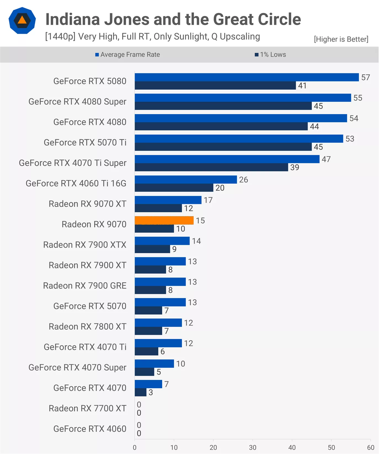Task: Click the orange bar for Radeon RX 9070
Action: pyautogui.click(x=164, y=220)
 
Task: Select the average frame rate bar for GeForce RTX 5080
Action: pyautogui.click(x=247, y=77)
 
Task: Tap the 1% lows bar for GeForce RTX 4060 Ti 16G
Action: pyautogui.click(x=174, y=188)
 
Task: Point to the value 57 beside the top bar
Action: pyautogui.click(x=365, y=77)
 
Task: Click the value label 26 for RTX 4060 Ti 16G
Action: pyautogui.click(x=243, y=180)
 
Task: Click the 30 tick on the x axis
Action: pyautogui.click(x=252, y=447)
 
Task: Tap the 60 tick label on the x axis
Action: pyautogui.click(x=370, y=447)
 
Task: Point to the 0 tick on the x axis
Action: pyautogui.click(x=135, y=447)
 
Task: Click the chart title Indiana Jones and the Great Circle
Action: pyautogui.click(x=173, y=19)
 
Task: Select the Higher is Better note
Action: pyautogui.click(x=341, y=39)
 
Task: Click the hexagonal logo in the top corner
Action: pyautogui.click(x=22, y=21)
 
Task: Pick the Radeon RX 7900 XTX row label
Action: pyautogui.click(x=85, y=245)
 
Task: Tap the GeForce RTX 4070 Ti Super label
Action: pyautogui.click(x=73, y=163)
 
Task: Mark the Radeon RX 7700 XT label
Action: pyautogui.click(x=87, y=408)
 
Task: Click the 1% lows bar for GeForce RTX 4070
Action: pyautogui.click(x=140, y=392)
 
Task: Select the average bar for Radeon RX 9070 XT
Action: pyautogui.click(x=168, y=200)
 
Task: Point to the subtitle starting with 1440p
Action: pyautogui.click(x=153, y=36)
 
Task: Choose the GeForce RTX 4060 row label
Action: pyautogui.click(x=90, y=429)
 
